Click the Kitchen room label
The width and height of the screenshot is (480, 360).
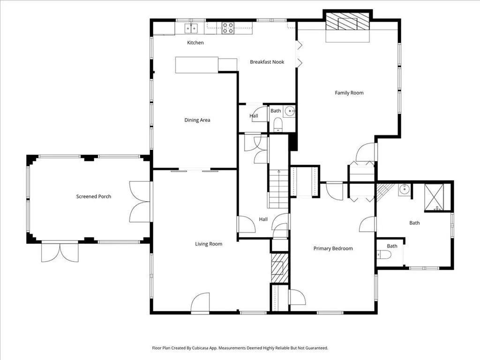[195, 43]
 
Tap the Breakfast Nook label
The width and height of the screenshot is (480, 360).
[267, 62]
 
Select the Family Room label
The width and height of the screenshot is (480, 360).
[349, 93]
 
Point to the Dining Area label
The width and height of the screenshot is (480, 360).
[197, 120]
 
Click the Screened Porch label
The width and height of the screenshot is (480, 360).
[94, 196]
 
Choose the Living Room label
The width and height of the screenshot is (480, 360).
[209, 244]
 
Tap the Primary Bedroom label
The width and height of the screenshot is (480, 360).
[333, 248]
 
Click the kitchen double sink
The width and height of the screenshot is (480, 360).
[191, 28]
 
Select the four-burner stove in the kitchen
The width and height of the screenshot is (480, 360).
[228, 28]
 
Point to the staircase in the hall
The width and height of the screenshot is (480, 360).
[278, 189]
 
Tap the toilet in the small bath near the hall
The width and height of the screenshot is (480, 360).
[278, 125]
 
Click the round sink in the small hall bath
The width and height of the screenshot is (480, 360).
[290, 111]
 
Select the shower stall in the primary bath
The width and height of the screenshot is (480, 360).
[434, 197]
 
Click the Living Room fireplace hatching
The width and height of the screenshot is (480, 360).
[280, 268]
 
